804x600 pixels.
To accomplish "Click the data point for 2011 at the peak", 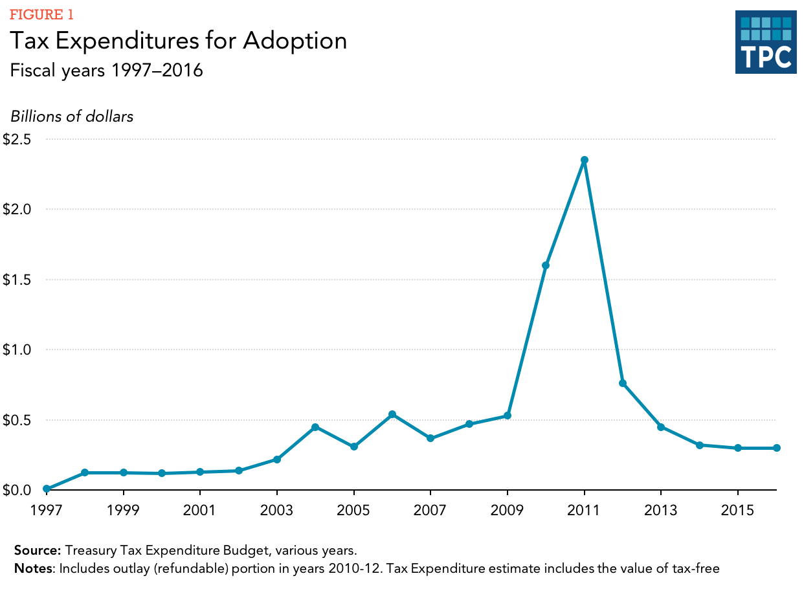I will [584, 160].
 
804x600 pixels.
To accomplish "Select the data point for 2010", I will [546, 265].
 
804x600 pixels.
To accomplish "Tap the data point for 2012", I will [623, 383].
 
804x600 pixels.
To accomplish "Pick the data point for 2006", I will [392, 414].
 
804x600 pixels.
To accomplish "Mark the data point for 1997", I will [47, 489].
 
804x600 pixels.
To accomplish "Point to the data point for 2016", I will [776, 448].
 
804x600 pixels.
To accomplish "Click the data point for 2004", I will [315, 427].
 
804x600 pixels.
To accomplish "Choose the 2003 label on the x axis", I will [277, 511].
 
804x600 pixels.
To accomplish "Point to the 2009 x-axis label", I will [508, 511].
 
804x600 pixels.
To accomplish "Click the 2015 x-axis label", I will [738, 511].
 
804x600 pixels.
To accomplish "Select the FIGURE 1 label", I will [41, 15].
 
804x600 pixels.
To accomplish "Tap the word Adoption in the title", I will [295, 41].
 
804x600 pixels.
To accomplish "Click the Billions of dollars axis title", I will [72, 117].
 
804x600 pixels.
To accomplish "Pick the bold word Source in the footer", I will [38, 551].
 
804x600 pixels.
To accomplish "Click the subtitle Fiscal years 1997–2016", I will [107, 70].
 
